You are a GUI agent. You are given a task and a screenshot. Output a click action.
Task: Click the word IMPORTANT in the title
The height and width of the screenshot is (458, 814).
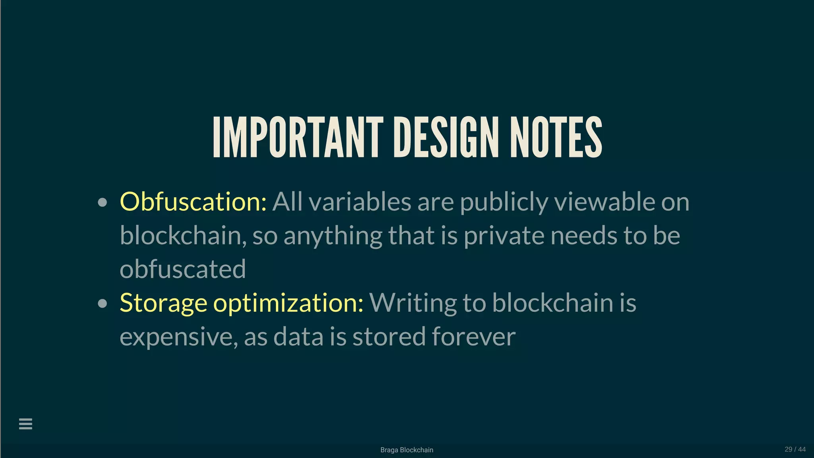[x=298, y=137]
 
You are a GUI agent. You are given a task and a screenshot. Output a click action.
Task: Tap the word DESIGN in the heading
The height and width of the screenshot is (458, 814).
[x=446, y=137]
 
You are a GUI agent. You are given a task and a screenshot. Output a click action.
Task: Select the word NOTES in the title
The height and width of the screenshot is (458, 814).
[x=556, y=137]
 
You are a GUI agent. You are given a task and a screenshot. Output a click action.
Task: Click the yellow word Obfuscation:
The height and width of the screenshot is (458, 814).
[x=193, y=202]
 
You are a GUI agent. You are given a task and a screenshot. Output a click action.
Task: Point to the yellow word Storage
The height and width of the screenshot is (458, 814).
[x=163, y=303]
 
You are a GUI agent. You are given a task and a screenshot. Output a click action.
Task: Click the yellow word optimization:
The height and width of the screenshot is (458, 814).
[x=288, y=303]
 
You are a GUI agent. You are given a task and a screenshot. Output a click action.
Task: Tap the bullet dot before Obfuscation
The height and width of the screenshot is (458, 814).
[x=103, y=202]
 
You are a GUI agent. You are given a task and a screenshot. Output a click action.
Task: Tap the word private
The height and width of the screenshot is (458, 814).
[x=504, y=236]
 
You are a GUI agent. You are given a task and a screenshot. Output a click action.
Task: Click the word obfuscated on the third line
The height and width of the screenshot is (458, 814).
[x=183, y=269]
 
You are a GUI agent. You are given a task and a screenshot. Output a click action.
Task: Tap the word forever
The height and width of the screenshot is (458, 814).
[x=473, y=336]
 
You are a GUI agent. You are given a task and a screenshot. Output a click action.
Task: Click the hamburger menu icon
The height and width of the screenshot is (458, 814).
[x=25, y=424]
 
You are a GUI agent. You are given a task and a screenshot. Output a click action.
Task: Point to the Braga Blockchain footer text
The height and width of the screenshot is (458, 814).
[x=407, y=450]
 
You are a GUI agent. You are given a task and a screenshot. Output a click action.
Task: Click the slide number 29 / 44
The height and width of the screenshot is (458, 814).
[x=795, y=449]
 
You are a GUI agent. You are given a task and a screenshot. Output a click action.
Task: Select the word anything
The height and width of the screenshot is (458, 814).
[x=333, y=236]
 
